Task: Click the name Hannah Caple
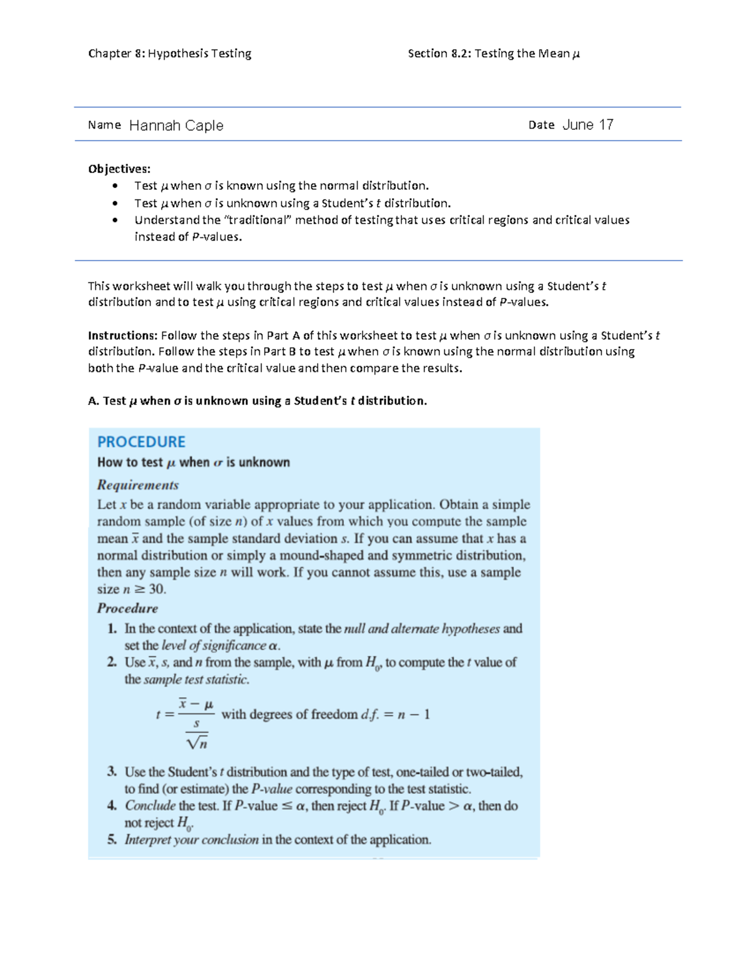tap(176, 126)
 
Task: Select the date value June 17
tap(587, 125)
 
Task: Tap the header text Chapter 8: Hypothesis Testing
tap(170, 54)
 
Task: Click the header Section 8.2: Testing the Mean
tap(493, 54)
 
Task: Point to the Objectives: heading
tap(119, 169)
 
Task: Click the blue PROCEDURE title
tap(141, 442)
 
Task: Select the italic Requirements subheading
tap(138, 485)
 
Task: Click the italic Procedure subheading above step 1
tap(127, 608)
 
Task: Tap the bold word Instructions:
tap(122, 335)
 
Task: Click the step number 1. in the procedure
tap(112, 629)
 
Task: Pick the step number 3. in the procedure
tap(112, 772)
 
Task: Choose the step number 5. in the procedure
tap(112, 839)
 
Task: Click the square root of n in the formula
tap(197, 742)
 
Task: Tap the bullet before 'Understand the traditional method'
tap(115, 220)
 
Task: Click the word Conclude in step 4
tap(150, 806)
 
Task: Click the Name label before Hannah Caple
tap(104, 125)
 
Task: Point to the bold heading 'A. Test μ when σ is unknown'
tap(257, 401)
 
